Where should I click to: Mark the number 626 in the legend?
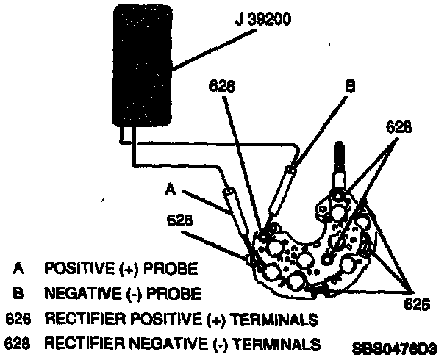click(18, 320)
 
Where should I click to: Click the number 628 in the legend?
click(18, 343)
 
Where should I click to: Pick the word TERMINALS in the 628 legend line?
click(285, 343)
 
